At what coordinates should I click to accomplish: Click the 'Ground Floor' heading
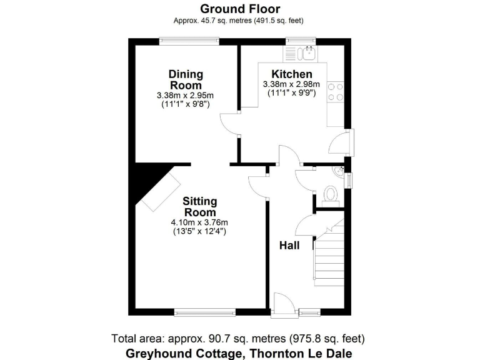[240, 9]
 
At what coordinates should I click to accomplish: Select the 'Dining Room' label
[186, 80]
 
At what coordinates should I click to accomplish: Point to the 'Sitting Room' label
[199, 207]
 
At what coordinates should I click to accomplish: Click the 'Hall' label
[289, 246]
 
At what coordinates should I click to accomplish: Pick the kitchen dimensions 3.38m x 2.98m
[292, 85]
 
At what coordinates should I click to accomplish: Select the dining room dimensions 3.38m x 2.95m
[186, 96]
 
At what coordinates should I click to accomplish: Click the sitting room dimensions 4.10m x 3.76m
[199, 222]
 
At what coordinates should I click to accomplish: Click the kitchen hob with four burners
[336, 92]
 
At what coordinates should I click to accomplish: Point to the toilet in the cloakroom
[331, 196]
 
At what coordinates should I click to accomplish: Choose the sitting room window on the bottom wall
[204, 311]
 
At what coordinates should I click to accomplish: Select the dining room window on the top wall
[189, 41]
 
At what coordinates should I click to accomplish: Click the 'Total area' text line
[238, 339]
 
